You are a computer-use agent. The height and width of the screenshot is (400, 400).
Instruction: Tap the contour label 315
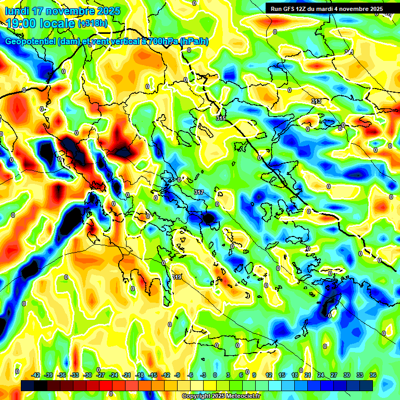(x=221, y=119)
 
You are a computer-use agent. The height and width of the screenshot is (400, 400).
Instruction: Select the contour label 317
(x=199, y=193)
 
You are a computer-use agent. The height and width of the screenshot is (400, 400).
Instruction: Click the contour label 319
(x=177, y=277)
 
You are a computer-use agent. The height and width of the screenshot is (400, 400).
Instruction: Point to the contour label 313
(x=316, y=101)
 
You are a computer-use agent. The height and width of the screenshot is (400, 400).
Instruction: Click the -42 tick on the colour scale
(x=36, y=375)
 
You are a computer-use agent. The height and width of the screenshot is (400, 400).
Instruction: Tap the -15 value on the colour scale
(x=153, y=375)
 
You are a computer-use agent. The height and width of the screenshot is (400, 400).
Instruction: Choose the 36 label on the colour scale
(x=372, y=375)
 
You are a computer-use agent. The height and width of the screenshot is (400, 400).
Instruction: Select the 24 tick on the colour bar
(x=320, y=375)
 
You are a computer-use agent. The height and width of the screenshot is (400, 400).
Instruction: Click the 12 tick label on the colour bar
(x=269, y=375)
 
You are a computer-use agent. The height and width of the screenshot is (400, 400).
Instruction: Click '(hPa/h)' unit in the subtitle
(x=194, y=42)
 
